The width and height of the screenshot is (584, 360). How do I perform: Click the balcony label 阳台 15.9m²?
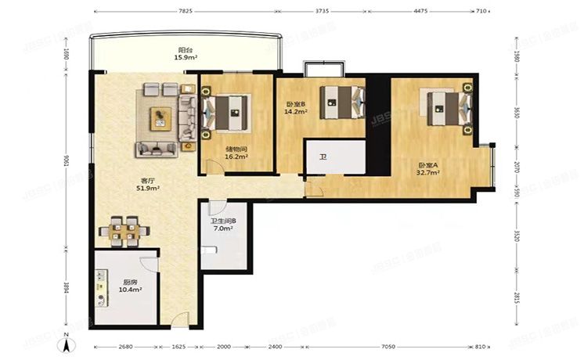tap(186, 53)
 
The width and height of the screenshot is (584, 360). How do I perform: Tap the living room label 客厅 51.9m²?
tap(147, 184)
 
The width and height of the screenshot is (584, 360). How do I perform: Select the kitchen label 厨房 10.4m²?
tap(129, 286)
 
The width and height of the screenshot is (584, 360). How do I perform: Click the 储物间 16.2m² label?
tap(236, 153)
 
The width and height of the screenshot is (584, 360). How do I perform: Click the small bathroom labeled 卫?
tap(323, 157)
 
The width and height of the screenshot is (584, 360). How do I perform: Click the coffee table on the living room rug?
tap(161, 117)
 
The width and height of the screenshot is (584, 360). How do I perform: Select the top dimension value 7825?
tap(185, 11)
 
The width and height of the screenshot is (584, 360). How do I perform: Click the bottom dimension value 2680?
tap(117, 347)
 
